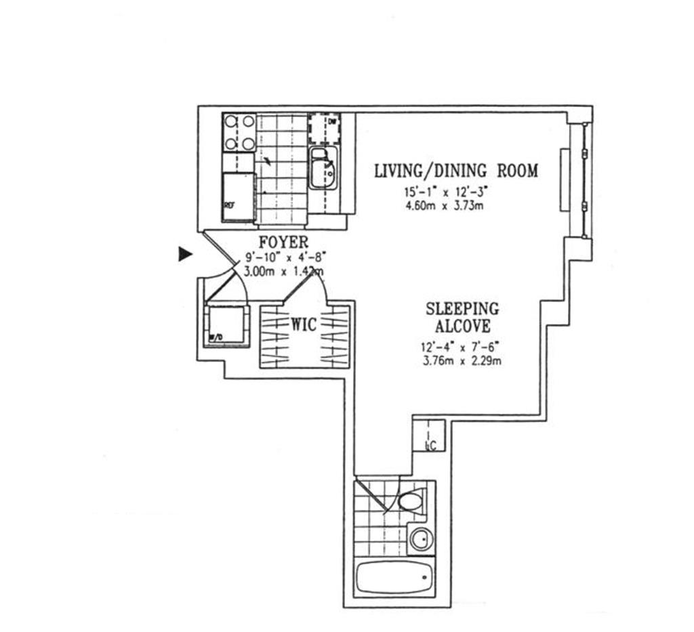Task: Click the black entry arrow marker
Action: [x=184, y=254]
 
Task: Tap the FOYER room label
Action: [x=283, y=243]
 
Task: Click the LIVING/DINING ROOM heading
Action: [x=456, y=170]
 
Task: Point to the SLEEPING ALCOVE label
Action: [x=462, y=318]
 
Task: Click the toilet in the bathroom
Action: [x=411, y=502]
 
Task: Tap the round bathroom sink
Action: [x=420, y=540]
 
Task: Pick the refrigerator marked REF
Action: [x=239, y=196]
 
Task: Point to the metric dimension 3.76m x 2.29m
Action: [x=461, y=360]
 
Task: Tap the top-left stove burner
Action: [x=231, y=123]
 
